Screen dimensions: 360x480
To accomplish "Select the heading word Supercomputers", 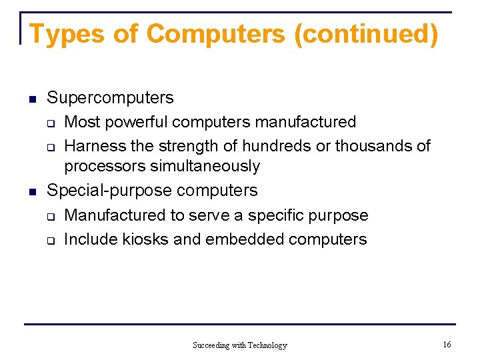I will pos(110,98).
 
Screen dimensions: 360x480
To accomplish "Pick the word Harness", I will pos(94,145).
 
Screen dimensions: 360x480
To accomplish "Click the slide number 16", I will pos(447,344).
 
